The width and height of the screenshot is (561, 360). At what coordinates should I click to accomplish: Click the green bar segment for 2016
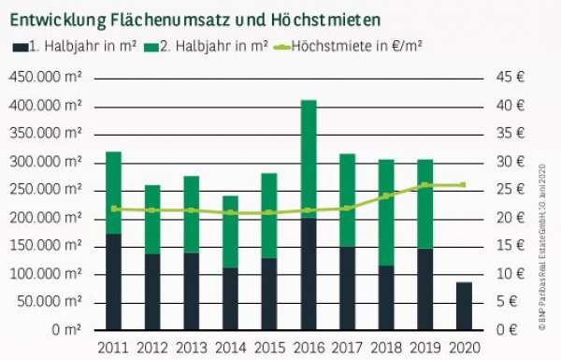[x=307, y=159]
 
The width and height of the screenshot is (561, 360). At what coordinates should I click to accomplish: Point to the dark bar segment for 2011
[x=114, y=281]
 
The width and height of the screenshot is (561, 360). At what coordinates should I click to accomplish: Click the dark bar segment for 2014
[x=229, y=298]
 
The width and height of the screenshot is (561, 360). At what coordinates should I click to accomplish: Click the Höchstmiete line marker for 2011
[x=114, y=209]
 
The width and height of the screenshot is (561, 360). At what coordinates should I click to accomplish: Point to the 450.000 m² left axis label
[x=46, y=78]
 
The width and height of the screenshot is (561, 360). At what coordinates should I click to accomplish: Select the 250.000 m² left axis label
[x=46, y=190]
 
